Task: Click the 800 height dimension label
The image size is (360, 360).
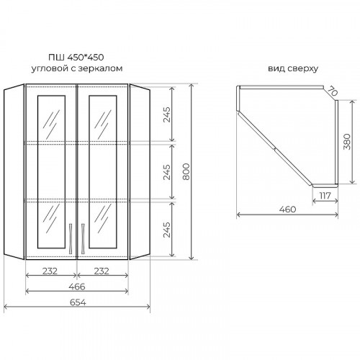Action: [x=186, y=171]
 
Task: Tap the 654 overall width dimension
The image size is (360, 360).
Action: [x=78, y=302]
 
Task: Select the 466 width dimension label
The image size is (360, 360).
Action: [x=77, y=287]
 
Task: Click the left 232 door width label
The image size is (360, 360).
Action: [x=50, y=271]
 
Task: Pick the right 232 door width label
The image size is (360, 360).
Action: [x=102, y=271]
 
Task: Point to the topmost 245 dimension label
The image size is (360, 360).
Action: [x=166, y=114]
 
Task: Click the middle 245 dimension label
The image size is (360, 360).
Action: [x=166, y=172]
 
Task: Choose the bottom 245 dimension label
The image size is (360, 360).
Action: [x=166, y=230]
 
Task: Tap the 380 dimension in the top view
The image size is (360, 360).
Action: [x=347, y=142]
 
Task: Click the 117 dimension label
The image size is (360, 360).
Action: [x=325, y=196]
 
